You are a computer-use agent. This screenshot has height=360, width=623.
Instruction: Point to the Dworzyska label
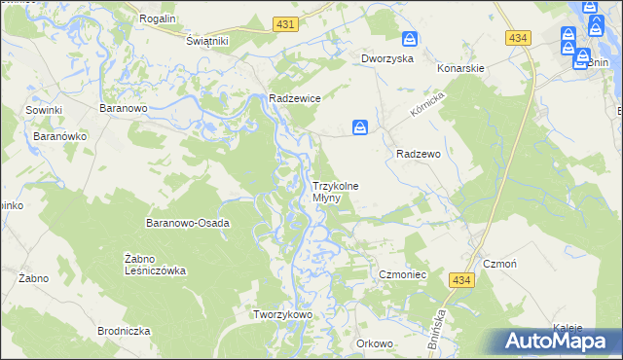[x=387, y=58]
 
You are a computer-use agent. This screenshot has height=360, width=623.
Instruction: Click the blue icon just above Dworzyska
[x=411, y=40]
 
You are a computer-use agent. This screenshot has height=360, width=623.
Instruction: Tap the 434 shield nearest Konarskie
[x=518, y=37]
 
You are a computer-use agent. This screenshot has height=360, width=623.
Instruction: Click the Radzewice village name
[x=295, y=98]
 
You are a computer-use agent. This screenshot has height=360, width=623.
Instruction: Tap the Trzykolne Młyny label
[x=334, y=192]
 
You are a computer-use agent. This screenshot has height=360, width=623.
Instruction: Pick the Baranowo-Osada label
[x=187, y=223]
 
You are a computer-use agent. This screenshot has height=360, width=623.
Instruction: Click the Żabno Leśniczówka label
[x=155, y=265]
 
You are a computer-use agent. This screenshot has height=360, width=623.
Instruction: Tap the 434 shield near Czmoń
[x=461, y=280]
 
